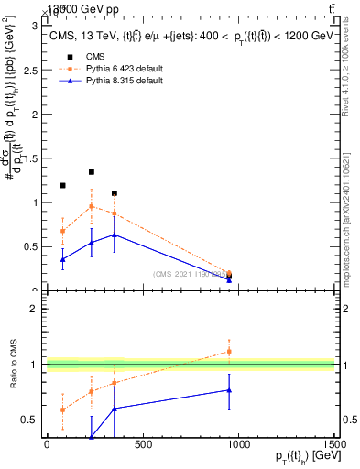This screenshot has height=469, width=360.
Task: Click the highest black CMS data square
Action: (92, 171)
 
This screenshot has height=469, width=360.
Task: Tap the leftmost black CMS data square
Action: (62, 186)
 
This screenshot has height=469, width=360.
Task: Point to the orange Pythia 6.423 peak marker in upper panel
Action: (92, 206)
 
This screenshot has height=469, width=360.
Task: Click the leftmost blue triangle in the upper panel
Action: (62, 259)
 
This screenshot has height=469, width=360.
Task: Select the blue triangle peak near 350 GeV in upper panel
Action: (114, 234)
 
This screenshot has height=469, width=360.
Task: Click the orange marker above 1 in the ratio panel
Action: (229, 351)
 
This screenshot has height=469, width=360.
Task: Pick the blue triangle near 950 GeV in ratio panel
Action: (229, 390)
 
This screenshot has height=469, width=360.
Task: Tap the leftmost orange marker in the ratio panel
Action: (62, 409)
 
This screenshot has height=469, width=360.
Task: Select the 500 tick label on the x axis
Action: (142, 445)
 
